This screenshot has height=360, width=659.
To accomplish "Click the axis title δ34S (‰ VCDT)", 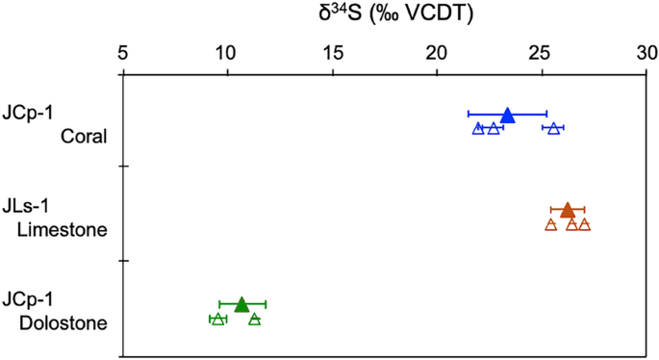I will [x=384, y=13].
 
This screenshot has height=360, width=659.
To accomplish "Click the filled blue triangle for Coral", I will [x=508, y=116].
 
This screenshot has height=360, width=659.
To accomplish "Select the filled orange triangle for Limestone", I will [x=568, y=210].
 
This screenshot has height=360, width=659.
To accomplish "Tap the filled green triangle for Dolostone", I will [x=241, y=303].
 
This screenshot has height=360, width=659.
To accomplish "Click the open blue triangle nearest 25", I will [x=553, y=128].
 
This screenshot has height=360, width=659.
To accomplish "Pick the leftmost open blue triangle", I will [x=478, y=128].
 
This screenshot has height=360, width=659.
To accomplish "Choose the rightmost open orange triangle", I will [x=584, y=224].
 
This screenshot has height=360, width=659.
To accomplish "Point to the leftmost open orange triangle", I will [x=551, y=224].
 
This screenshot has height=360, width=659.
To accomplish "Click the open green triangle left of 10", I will [x=218, y=319].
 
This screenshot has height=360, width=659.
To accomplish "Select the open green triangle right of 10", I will [x=254, y=319].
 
